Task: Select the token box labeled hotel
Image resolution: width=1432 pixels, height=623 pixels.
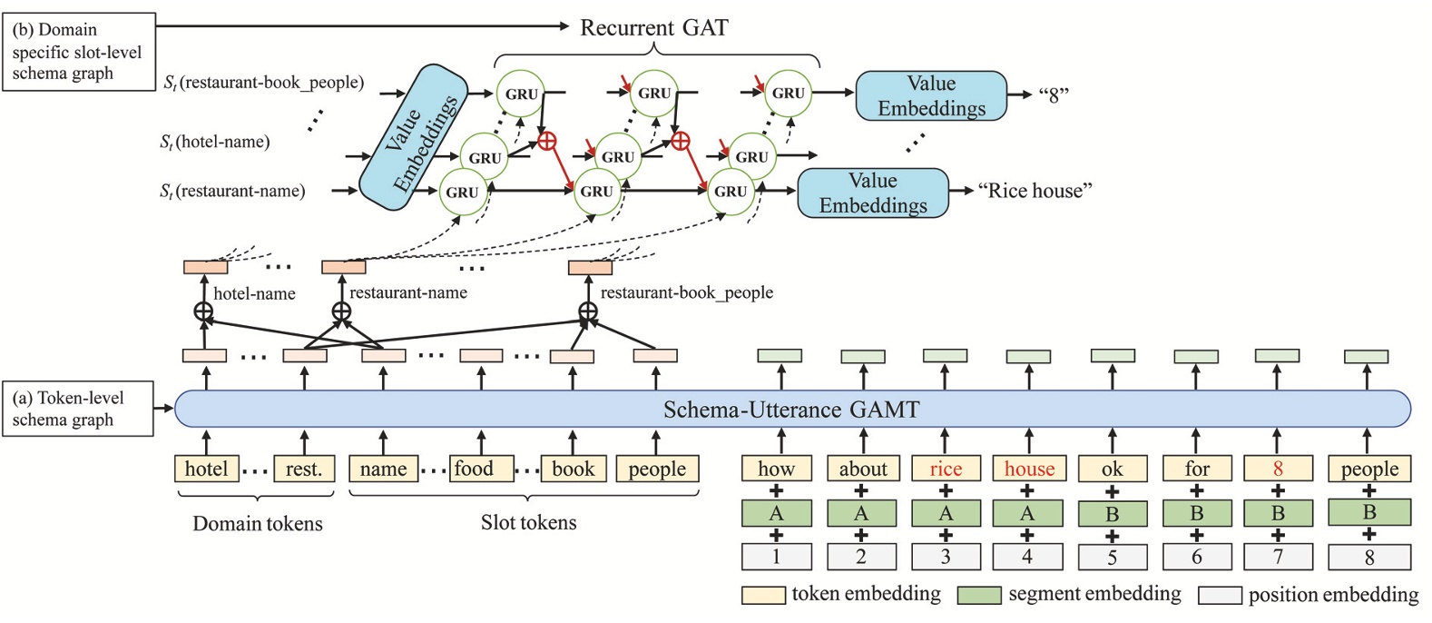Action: coord(206,469)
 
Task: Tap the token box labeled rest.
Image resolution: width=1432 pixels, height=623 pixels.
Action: coord(304,469)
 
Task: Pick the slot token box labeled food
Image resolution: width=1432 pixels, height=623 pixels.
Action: coord(475,469)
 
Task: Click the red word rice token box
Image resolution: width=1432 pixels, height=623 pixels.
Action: coord(945,469)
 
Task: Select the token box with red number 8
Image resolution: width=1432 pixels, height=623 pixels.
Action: coord(1278,469)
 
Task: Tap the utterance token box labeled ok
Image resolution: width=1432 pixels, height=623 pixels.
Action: coord(1112,469)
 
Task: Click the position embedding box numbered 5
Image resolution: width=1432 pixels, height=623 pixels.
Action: coord(1112,557)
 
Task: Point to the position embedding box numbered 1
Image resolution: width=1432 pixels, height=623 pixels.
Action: coord(776,557)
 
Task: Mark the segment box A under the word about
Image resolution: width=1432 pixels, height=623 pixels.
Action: coord(861,513)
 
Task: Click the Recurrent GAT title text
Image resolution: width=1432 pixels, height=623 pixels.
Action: coord(653,27)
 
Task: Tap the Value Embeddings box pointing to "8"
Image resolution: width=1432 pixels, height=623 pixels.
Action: coord(931,96)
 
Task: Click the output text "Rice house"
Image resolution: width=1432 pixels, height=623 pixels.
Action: coord(1035,191)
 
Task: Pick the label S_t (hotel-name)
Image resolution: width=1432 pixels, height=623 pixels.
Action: coord(215,142)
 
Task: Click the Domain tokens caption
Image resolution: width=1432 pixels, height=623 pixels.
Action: coord(257,524)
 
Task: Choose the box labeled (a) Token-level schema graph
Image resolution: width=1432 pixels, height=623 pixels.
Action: coord(77,409)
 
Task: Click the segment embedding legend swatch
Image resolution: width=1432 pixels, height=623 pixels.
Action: coord(979,595)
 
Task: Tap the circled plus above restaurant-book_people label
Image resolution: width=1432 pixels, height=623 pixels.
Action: coord(588,313)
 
